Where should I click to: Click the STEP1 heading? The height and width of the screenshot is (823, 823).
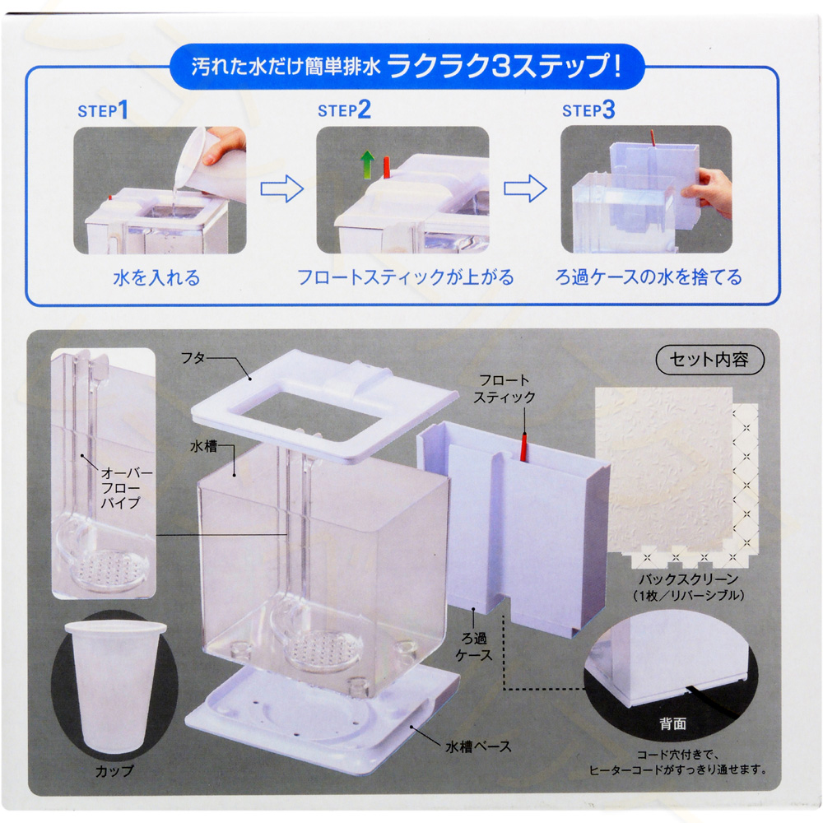click(103, 110)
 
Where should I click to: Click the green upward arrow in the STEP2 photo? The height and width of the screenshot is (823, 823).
click(367, 165)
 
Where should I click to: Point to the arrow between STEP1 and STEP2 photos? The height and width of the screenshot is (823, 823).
click(281, 189)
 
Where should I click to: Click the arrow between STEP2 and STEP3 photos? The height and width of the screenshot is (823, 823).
click(525, 189)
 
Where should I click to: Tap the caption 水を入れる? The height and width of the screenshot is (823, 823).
click(156, 277)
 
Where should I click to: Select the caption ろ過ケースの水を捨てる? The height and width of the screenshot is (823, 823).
click(649, 277)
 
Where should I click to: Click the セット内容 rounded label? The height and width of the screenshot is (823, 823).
click(709, 360)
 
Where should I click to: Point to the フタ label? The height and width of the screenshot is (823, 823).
click(193, 358)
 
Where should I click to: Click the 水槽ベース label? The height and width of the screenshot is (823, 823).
click(478, 746)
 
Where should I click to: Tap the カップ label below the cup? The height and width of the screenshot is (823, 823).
click(114, 771)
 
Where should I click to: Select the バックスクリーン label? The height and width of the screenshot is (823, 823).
click(688, 579)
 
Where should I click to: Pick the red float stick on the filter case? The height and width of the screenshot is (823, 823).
click(523, 447)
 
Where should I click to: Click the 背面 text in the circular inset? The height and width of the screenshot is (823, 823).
click(672, 723)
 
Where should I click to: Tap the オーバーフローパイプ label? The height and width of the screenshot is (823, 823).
click(126, 487)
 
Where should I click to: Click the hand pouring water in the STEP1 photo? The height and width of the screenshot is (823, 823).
click(224, 146)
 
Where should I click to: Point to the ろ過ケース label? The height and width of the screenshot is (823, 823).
click(474, 646)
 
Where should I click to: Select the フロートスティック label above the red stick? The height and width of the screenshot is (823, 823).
click(504, 388)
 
